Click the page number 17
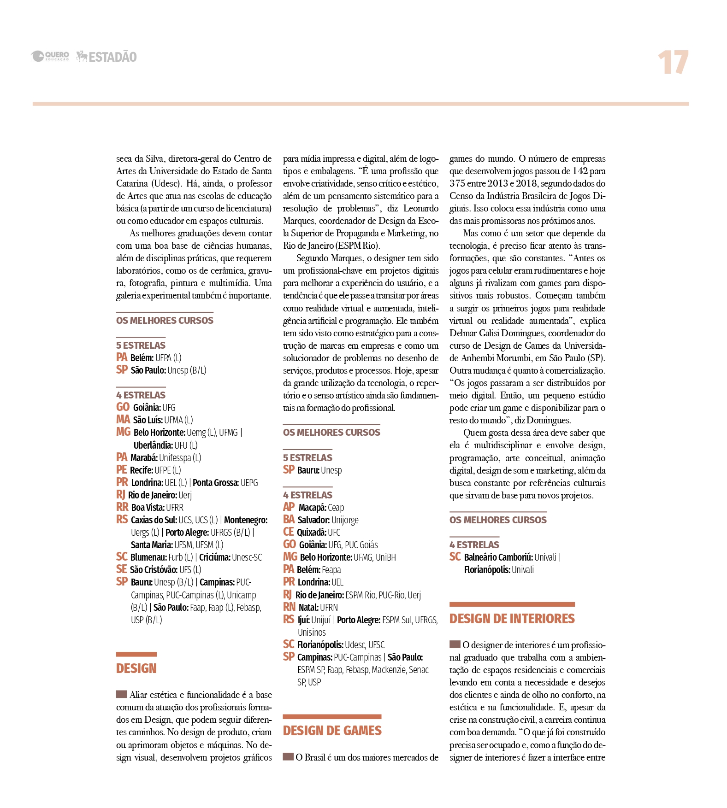click(673, 63)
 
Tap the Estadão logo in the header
click(106, 57)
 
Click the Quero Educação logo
click(50, 56)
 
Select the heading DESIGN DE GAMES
click(332, 731)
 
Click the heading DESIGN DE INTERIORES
click(512, 619)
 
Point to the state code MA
click(123, 420)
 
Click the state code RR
click(122, 507)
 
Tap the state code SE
click(121, 569)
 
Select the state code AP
click(289, 507)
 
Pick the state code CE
click(288, 532)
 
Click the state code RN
click(289, 607)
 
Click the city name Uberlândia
click(153, 445)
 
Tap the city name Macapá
click(312, 508)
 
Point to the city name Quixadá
click(311, 533)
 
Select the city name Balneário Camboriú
click(498, 557)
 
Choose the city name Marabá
click(144, 457)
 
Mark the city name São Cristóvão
click(153, 570)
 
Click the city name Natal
click(308, 608)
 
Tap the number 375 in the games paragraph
click(457, 183)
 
